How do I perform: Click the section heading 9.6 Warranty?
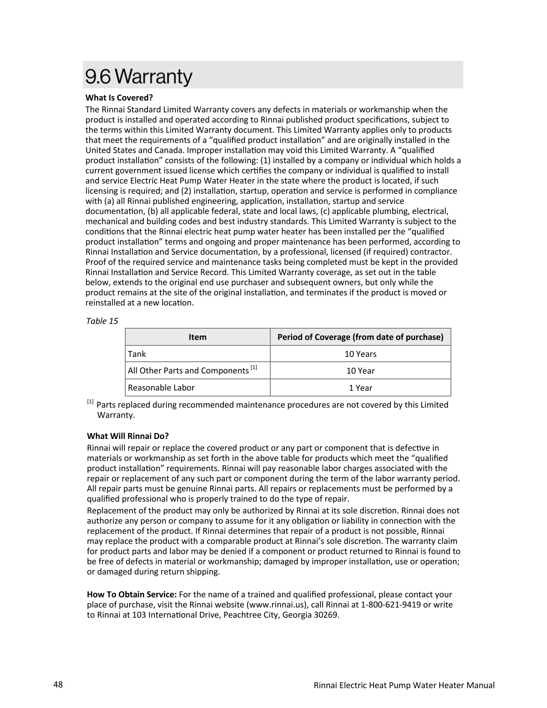(139, 77)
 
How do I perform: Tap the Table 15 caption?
(102, 321)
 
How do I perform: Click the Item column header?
(197, 337)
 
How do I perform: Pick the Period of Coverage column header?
(360, 337)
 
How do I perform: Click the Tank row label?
(137, 354)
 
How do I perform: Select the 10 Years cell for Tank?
(360, 354)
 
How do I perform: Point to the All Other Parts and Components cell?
(188, 371)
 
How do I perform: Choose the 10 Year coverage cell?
(360, 371)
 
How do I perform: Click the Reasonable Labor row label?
(161, 387)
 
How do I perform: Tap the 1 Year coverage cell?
(360, 388)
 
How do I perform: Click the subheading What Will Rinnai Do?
(128, 436)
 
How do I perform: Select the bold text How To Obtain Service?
(132, 594)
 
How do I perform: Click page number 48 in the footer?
(58, 684)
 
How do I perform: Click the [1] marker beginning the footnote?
(90, 402)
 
